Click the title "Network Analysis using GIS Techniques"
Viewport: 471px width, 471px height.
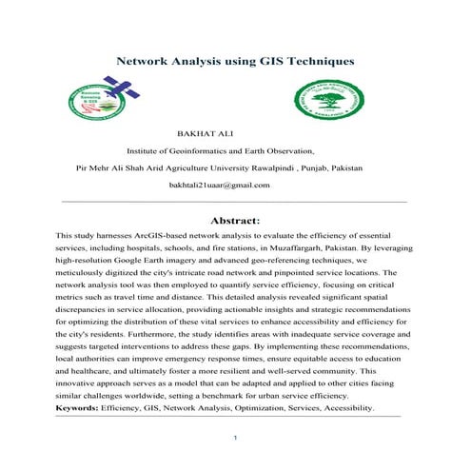point(234,61)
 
